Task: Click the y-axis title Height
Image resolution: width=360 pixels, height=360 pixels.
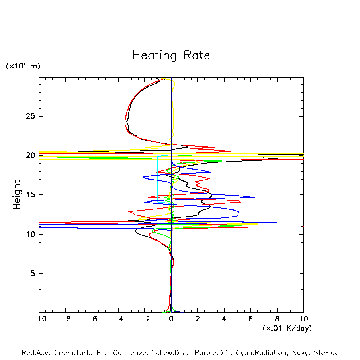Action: [x=17, y=195]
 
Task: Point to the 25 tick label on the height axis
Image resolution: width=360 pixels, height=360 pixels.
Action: [x=31, y=116]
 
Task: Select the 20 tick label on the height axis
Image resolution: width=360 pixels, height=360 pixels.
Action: [x=31, y=155]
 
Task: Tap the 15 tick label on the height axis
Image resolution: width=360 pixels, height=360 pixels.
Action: [x=31, y=195]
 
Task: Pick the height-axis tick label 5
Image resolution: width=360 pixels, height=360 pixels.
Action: [x=33, y=273]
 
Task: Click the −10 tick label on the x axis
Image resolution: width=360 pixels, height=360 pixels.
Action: [x=39, y=319]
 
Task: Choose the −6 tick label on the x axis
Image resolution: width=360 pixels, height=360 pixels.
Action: [x=92, y=319]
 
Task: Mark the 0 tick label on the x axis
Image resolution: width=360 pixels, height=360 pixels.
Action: [x=171, y=319]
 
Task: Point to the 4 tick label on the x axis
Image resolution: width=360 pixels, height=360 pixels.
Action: [x=224, y=319]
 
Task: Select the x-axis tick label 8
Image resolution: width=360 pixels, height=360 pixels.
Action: [x=277, y=319]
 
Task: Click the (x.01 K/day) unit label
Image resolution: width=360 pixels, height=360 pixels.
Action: [x=287, y=328]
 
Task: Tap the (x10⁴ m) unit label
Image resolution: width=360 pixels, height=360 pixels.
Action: [x=23, y=66]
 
